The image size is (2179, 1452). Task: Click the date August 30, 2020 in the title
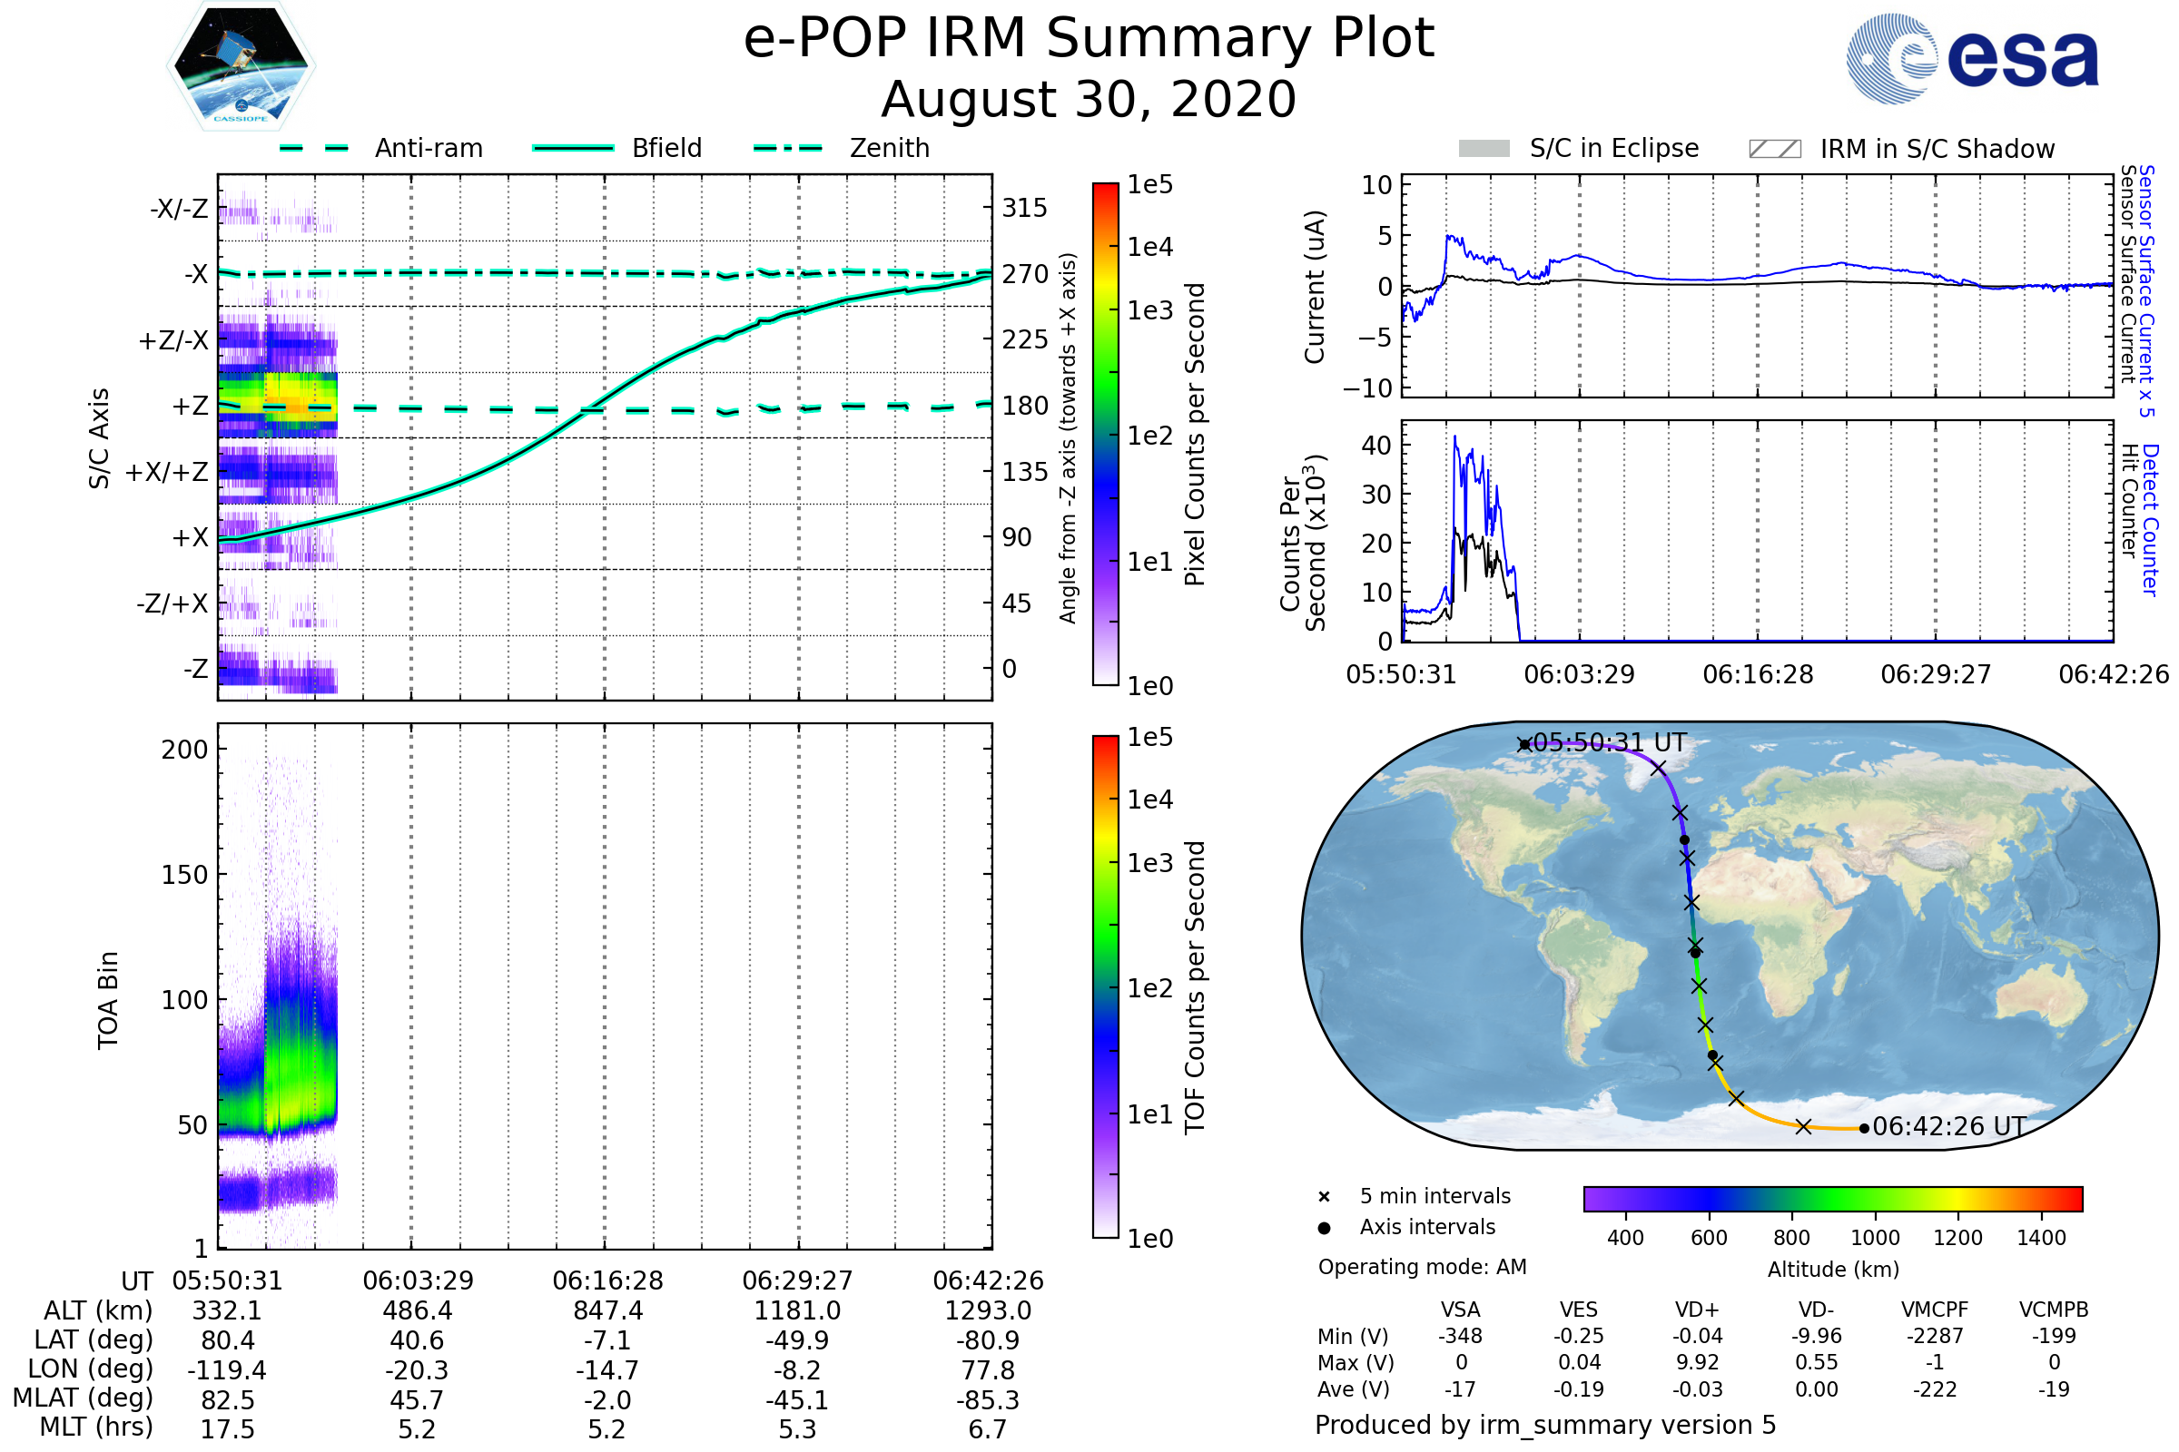(1089, 100)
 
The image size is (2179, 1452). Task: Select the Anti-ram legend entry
(428, 148)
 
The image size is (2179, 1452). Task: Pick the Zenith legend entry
(890, 148)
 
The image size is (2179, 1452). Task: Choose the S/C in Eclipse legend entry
(1613, 149)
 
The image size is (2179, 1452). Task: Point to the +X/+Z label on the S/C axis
(167, 472)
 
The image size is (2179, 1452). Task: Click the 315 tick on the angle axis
(1024, 208)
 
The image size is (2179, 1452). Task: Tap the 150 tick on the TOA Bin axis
(184, 875)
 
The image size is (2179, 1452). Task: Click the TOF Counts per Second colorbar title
(1195, 987)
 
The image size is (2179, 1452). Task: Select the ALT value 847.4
(607, 1311)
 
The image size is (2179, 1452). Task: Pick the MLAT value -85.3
(988, 1400)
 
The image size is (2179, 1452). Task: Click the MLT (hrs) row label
(95, 1427)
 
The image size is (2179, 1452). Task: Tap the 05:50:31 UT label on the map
(1609, 743)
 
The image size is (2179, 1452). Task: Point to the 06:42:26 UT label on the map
(1948, 1127)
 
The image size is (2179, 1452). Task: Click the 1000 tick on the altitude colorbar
(1874, 1238)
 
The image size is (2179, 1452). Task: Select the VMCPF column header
(1935, 1310)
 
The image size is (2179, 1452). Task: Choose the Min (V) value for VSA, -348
(1460, 1336)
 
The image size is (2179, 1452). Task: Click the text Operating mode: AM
(1422, 1267)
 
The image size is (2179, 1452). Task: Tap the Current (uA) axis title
(1315, 287)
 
